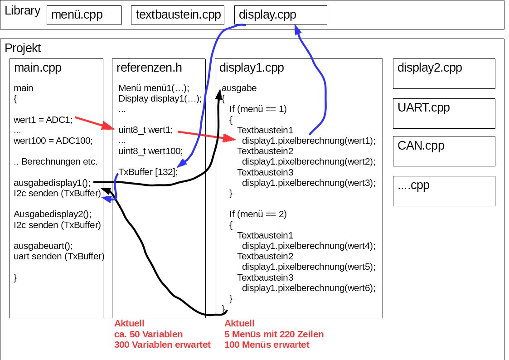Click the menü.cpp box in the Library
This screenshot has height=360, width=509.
coord(84,15)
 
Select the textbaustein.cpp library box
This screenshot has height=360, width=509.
coord(178,15)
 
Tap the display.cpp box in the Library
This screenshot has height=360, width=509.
coord(281,15)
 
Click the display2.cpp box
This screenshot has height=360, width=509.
coord(444,73)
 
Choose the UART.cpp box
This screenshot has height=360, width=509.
coord(444,113)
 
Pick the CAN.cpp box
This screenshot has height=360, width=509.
coord(444,151)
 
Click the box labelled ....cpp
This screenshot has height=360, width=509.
coord(444,190)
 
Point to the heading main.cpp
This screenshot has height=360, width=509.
coord(38,68)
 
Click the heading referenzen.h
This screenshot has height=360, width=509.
coord(149,68)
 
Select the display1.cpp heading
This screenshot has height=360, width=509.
coord(252,68)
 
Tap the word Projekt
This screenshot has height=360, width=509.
coord(23,48)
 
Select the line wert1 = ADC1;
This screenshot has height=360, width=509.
coord(43,120)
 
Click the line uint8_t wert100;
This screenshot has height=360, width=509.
coord(150,151)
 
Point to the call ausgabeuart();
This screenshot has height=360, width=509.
coord(43,246)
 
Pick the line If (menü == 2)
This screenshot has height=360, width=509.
coord(258,214)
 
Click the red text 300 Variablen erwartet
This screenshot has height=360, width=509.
coord(162,345)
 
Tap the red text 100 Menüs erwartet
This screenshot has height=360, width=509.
coord(267,345)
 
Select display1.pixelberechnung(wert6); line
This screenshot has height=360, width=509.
coord(309,287)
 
